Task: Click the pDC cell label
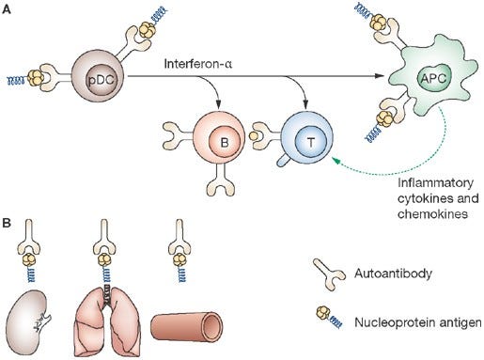click(101, 81)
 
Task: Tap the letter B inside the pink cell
click(225, 143)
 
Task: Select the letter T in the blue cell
click(311, 143)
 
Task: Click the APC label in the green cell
click(433, 78)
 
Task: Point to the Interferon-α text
click(198, 64)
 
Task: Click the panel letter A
click(6, 9)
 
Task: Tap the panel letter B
click(7, 223)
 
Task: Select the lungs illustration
click(107, 321)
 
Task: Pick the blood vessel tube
click(187, 326)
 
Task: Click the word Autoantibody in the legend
click(393, 274)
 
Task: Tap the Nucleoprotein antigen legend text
click(418, 322)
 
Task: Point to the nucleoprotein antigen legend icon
click(329, 317)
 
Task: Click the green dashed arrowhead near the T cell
click(336, 161)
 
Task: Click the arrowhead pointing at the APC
click(380, 76)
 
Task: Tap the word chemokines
click(432, 214)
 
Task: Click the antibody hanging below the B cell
click(221, 178)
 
